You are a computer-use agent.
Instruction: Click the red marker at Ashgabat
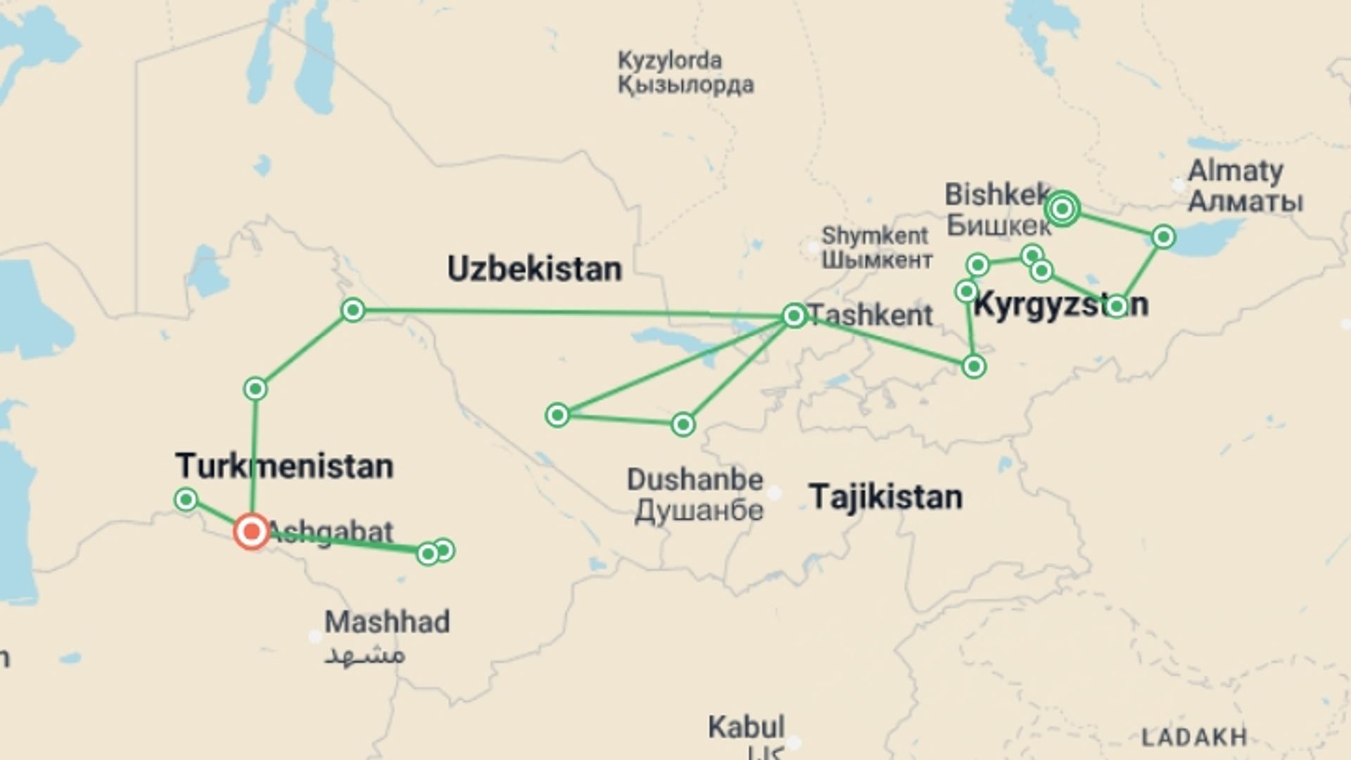tap(251, 531)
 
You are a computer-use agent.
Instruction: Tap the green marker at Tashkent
tap(794, 315)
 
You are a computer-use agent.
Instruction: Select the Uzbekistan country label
tap(535, 270)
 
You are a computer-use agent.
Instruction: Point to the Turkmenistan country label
tap(284, 467)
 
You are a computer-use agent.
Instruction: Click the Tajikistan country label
tap(885, 497)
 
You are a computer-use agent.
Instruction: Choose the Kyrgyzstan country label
tap(1060, 305)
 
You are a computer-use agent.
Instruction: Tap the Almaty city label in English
tap(1236, 171)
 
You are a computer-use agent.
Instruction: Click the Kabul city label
tap(746, 727)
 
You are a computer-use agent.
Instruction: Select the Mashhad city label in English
tap(387, 622)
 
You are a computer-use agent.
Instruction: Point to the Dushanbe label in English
tap(694, 480)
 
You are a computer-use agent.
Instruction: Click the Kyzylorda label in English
tap(669, 61)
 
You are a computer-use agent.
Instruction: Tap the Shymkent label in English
tap(875, 235)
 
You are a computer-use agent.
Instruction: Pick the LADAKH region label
tap(1194, 737)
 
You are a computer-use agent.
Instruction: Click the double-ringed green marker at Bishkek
tap(1063, 208)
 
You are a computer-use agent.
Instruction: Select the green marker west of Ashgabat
tap(186, 500)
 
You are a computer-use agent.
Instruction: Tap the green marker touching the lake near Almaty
tap(1163, 237)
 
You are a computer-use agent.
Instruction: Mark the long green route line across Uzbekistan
tap(563, 312)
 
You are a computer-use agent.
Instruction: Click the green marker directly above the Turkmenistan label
tap(255, 388)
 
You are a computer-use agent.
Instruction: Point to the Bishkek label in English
tap(996, 195)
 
